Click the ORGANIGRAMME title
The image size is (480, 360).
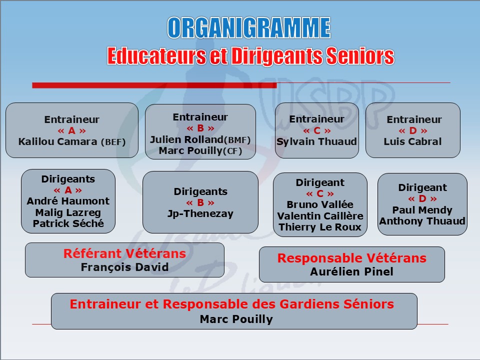(249, 27)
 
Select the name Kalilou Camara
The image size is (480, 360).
(58, 141)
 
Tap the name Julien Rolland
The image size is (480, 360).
(186, 139)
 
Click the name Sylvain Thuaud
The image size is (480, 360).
(317, 141)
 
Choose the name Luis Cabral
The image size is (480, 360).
(412, 141)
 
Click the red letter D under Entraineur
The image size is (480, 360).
(413, 130)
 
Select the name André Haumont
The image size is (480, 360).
(68, 201)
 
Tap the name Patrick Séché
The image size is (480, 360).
(68, 223)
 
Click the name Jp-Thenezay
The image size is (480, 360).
(200, 213)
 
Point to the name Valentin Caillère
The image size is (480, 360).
(320, 216)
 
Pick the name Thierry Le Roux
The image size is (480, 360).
(320, 227)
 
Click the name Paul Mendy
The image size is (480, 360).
(422, 210)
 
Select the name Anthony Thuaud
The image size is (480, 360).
(422, 221)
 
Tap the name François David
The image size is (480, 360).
(124, 267)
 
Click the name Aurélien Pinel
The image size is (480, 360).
(351, 271)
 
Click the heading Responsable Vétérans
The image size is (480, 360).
(351, 258)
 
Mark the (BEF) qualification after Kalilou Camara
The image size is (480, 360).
(113, 142)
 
